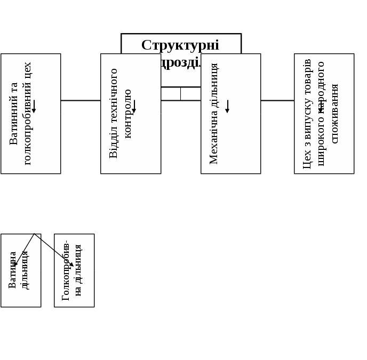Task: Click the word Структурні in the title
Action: tap(180, 45)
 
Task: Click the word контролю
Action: tap(127, 114)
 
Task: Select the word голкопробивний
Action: tap(28, 125)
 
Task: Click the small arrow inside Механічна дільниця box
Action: tap(227, 106)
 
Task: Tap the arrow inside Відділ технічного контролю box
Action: tap(134, 106)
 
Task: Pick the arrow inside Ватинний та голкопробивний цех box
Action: tap(34, 106)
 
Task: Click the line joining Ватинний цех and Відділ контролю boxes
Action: tap(81, 100)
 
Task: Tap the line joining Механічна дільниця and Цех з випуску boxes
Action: tap(277, 100)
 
